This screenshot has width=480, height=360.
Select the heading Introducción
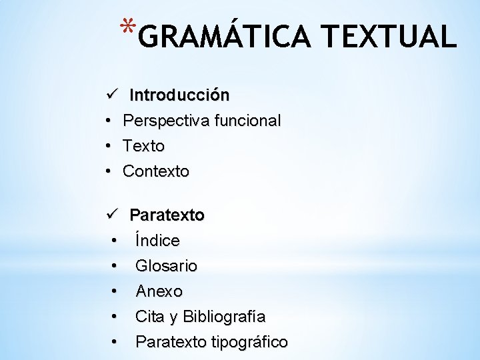(179, 95)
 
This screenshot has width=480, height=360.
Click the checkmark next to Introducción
(111, 95)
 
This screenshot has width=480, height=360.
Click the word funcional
(247, 121)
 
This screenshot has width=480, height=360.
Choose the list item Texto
(143, 146)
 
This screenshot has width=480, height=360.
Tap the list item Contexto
(156, 171)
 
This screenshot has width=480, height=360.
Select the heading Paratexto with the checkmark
(167, 215)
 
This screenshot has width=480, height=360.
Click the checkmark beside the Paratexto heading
(111, 215)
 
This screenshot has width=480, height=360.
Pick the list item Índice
(157, 240)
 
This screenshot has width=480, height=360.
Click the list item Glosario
(166, 266)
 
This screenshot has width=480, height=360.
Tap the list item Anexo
(159, 291)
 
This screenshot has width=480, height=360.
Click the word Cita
(149, 316)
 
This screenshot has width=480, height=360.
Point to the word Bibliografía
(224, 316)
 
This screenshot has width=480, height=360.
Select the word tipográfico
(249, 342)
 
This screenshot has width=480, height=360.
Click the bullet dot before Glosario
(115, 266)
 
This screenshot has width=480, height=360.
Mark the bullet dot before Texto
(107, 146)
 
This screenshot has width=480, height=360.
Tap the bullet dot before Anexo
(115, 291)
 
